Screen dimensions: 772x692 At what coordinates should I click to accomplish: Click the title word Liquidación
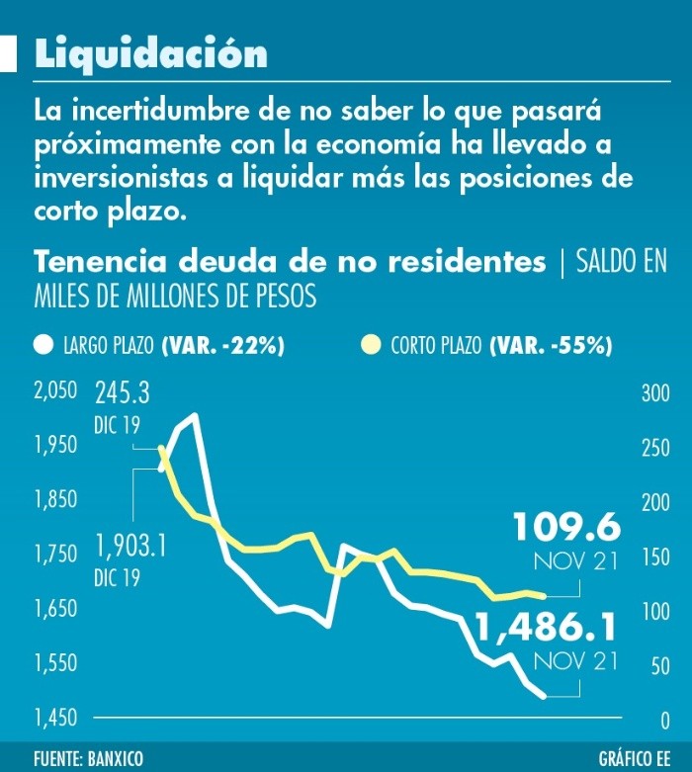pyautogui.click(x=150, y=54)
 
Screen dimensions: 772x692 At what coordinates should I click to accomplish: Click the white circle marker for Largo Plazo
pyautogui.click(x=42, y=345)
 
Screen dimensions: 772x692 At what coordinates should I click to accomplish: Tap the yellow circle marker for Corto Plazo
pyautogui.click(x=371, y=345)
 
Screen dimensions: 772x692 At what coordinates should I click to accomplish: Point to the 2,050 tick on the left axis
pyautogui.click(x=55, y=391)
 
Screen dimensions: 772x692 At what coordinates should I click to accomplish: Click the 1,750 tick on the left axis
pyautogui.click(x=55, y=555)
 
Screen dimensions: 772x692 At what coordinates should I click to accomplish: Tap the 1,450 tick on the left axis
pyautogui.click(x=55, y=717)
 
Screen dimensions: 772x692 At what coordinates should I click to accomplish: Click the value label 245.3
pyautogui.click(x=123, y=395)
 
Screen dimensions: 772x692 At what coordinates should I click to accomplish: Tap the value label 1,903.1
pyautogui.click(x=130, y=546)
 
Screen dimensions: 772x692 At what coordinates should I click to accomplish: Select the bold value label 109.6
pyautogui.click(x=565, y=528)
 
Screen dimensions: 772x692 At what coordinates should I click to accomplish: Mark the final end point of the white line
pyautogui.click(x=543, y=696)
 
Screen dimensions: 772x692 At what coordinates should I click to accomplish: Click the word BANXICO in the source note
pyautogui.click(x=113, y=758)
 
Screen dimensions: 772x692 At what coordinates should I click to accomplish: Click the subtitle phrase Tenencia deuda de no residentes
pyautogui.click(x=290, y=262)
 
